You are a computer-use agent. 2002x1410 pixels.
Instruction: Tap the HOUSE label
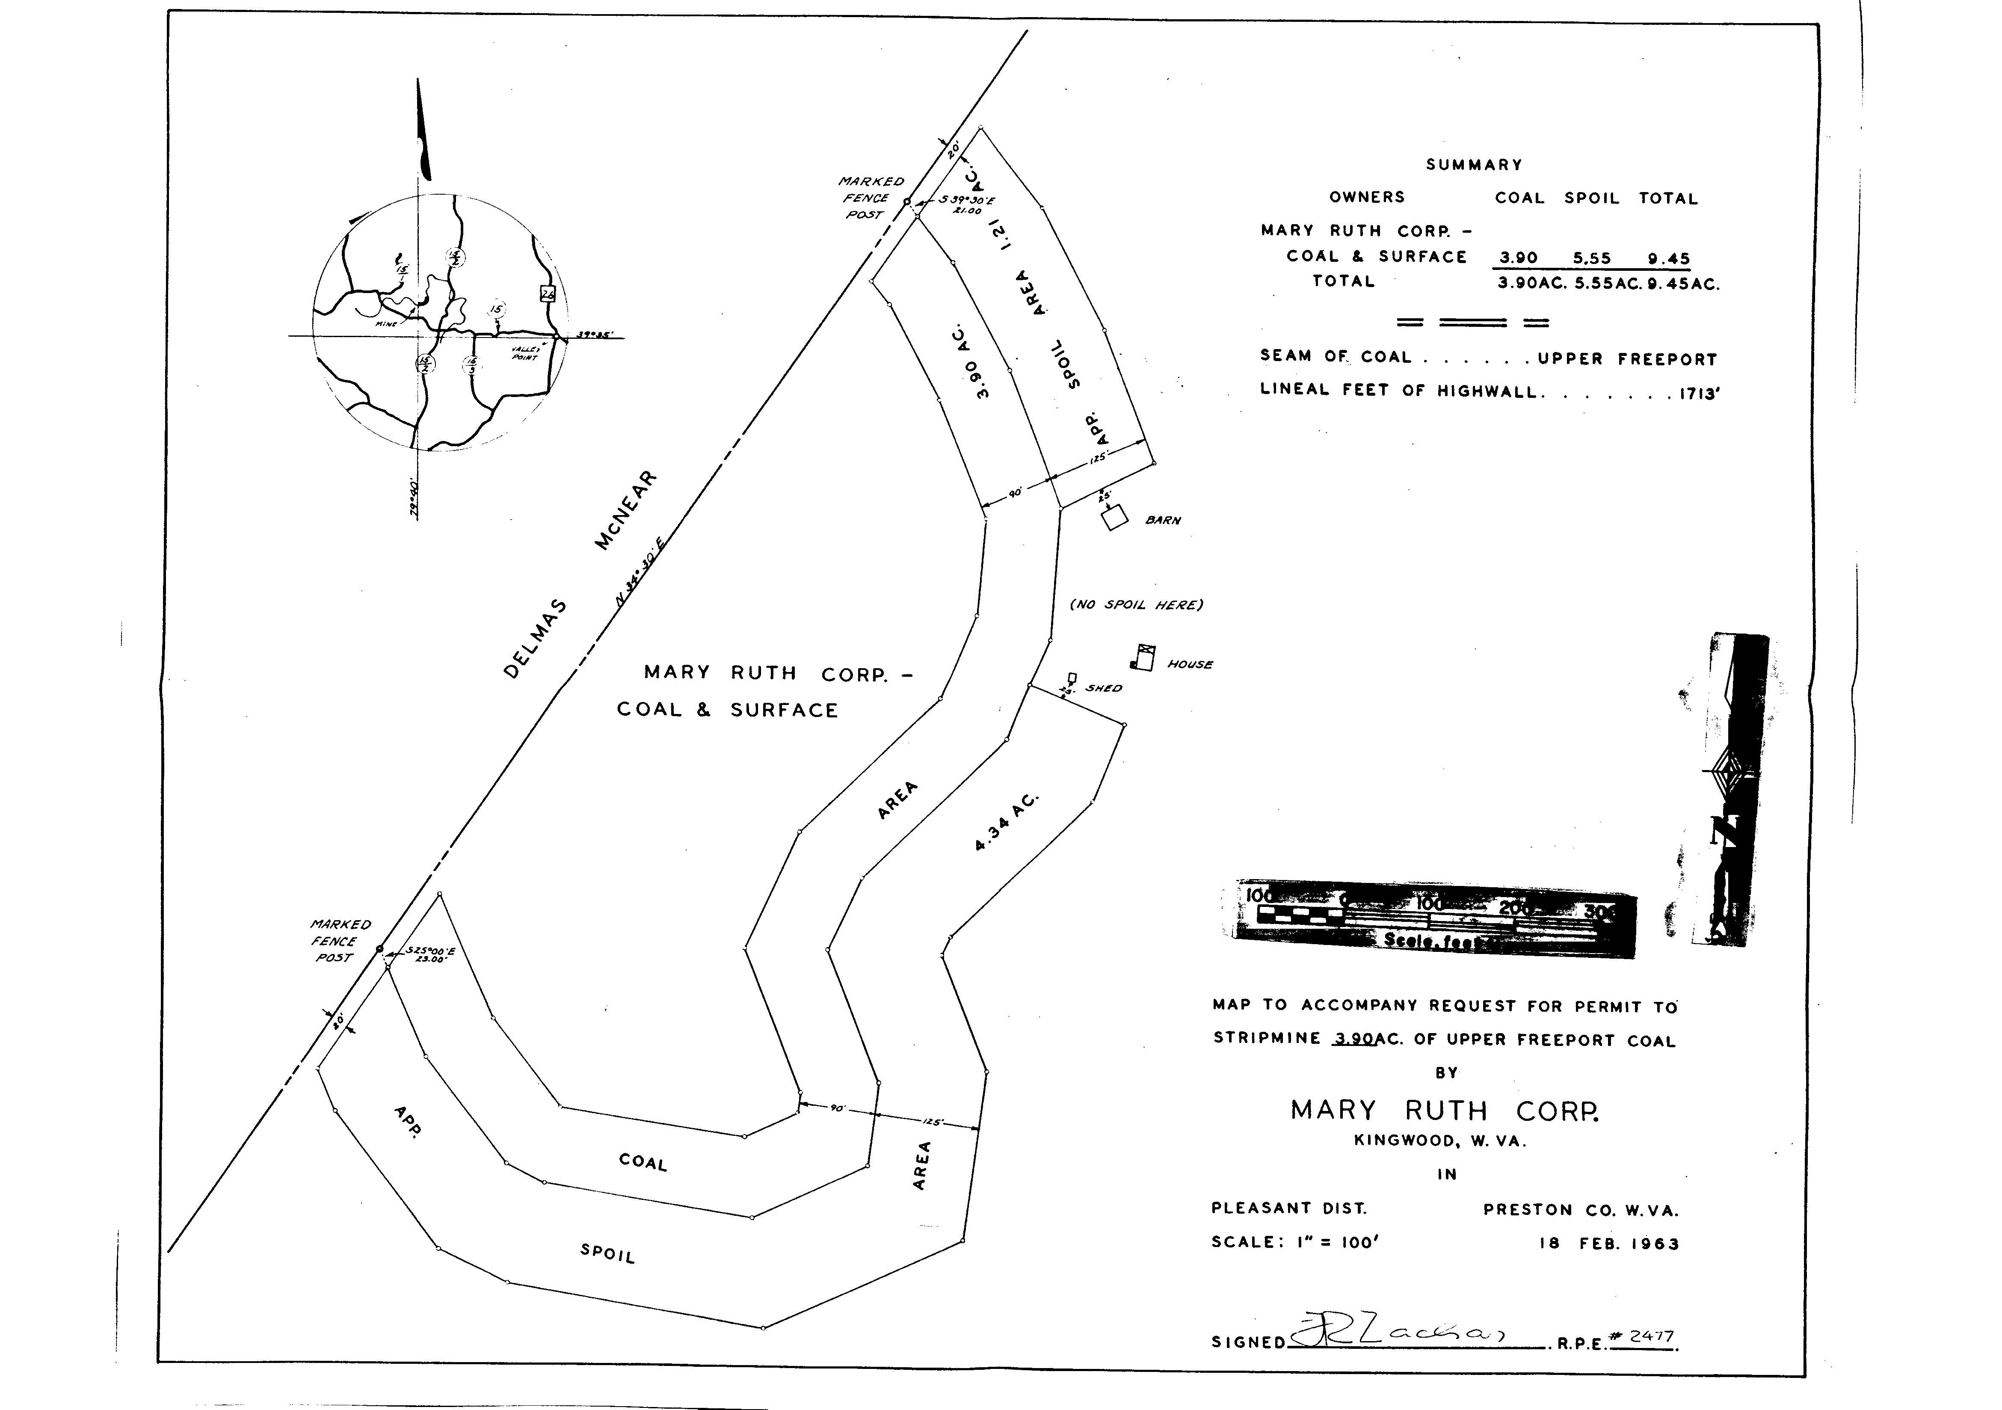coord(1190,664)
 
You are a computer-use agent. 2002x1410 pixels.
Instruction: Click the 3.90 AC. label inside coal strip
coord(970,362)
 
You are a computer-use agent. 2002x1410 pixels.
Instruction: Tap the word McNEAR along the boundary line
coord(626,511)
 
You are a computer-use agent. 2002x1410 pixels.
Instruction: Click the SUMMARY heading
coord(1474,165)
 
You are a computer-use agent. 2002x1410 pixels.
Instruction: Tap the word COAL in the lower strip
coord(643,1162)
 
